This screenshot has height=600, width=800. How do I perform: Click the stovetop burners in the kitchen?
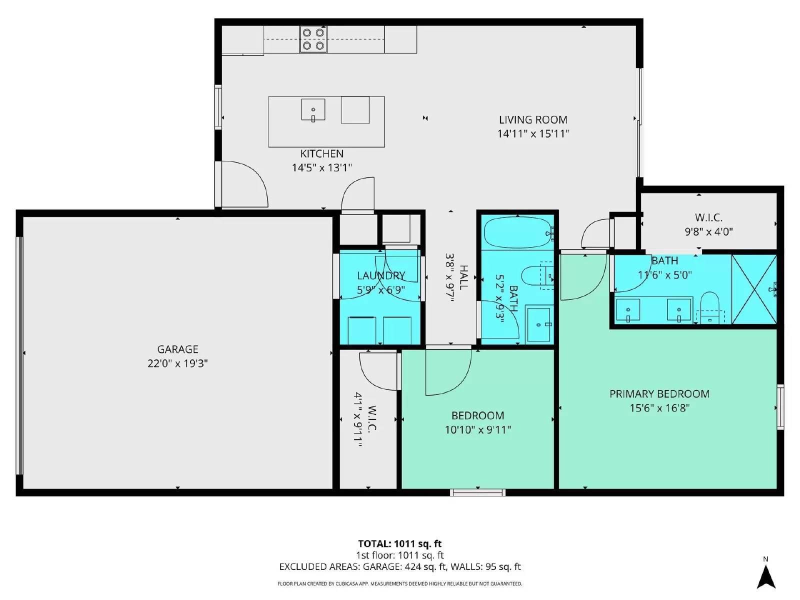313,39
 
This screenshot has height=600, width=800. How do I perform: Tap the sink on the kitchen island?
313,109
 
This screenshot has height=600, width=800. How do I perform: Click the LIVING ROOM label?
533,120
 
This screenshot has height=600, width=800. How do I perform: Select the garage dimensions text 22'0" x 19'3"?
177,363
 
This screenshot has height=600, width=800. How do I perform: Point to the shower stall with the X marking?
754,289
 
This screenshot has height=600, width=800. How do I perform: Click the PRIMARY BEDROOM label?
659,394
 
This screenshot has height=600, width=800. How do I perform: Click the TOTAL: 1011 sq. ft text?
399,543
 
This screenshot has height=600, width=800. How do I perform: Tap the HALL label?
463,277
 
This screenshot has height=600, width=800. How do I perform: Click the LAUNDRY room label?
380,275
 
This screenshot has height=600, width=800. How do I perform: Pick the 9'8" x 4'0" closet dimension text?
708,231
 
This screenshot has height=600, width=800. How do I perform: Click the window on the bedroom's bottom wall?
477,492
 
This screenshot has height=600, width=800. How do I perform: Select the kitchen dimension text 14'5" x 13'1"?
321,167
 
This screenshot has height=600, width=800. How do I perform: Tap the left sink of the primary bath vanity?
628,310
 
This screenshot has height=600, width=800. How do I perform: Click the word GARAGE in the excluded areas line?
381,567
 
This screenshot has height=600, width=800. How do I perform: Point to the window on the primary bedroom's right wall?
780,406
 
